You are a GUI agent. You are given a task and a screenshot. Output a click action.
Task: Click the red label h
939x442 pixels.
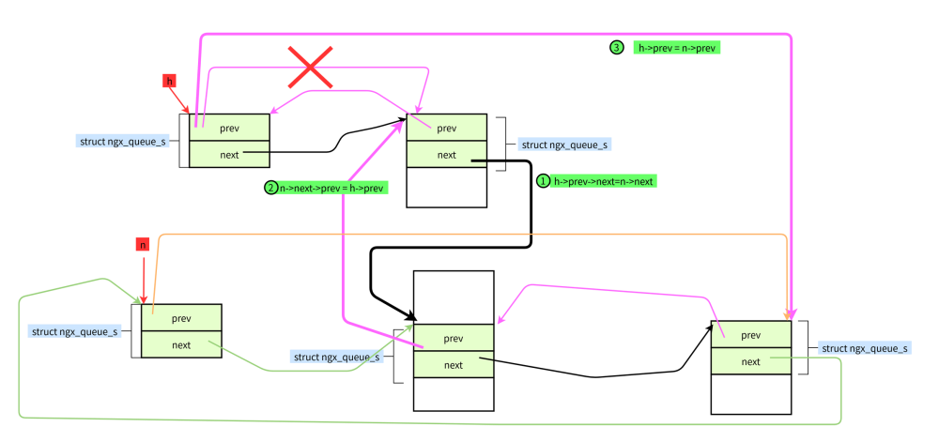coord(170,81)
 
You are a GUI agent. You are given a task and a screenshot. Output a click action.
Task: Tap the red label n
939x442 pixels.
coord(142,244)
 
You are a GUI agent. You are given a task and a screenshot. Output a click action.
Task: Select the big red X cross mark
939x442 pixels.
coord(311,68)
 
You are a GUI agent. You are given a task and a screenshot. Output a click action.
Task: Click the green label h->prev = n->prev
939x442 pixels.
coord(677,47)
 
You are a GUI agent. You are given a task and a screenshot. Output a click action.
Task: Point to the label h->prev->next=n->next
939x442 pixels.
coord(604,181)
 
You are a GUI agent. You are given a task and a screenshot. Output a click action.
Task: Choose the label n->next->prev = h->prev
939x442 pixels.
coord(332,188)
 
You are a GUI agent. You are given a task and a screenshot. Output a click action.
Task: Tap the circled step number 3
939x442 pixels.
coord(617,47)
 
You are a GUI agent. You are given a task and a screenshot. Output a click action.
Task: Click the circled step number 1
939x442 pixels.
coord(542,181)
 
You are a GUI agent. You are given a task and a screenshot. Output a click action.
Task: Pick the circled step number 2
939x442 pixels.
coord(270,188)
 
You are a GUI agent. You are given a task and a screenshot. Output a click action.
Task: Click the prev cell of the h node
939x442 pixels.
coord(229,128)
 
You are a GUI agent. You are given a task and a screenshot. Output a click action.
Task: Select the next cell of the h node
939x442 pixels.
coord(229,154)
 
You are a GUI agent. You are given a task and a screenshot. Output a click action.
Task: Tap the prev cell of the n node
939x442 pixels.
coord(181,318)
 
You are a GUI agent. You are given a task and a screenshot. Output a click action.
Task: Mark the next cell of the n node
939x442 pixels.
coord(181,344)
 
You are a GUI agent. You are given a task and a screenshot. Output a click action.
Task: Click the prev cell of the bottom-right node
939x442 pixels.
coord(750,335)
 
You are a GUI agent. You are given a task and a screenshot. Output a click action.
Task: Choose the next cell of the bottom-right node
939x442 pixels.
coord(750,361)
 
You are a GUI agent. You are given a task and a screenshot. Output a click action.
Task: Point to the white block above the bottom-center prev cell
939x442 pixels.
coord(454,297)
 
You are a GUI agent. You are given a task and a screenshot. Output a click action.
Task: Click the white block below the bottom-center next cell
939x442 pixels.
coord(454,394)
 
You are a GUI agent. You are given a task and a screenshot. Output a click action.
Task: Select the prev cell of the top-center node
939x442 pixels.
coord(446,128)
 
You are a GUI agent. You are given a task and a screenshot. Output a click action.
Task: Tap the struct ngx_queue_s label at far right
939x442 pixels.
coord(864,348)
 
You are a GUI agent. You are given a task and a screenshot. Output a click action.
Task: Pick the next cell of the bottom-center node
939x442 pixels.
coord(454,365)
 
